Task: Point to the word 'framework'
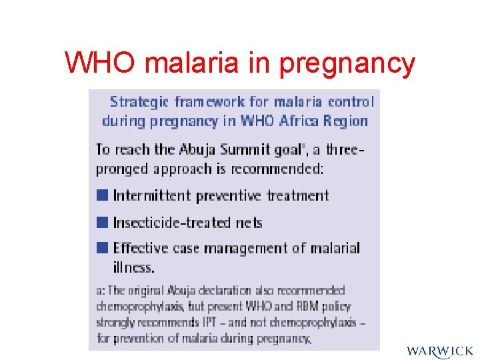click(210, 102)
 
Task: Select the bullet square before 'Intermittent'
click(101, 195)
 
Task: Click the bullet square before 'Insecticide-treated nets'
click(101, 222)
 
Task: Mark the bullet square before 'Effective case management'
click(101, 248)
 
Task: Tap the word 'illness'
click(133, 267)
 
